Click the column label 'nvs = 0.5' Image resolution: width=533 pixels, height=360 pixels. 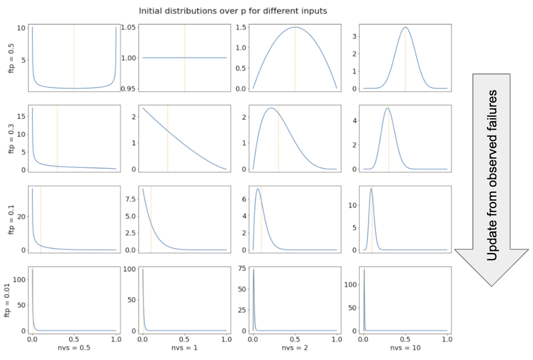(74, 349)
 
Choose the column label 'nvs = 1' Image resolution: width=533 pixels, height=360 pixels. (184, 349)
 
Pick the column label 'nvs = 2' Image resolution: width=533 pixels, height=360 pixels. (295, 349)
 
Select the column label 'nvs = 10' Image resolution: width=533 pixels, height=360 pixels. (406, 349)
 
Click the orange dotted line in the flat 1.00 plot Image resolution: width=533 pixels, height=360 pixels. (184, 71)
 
